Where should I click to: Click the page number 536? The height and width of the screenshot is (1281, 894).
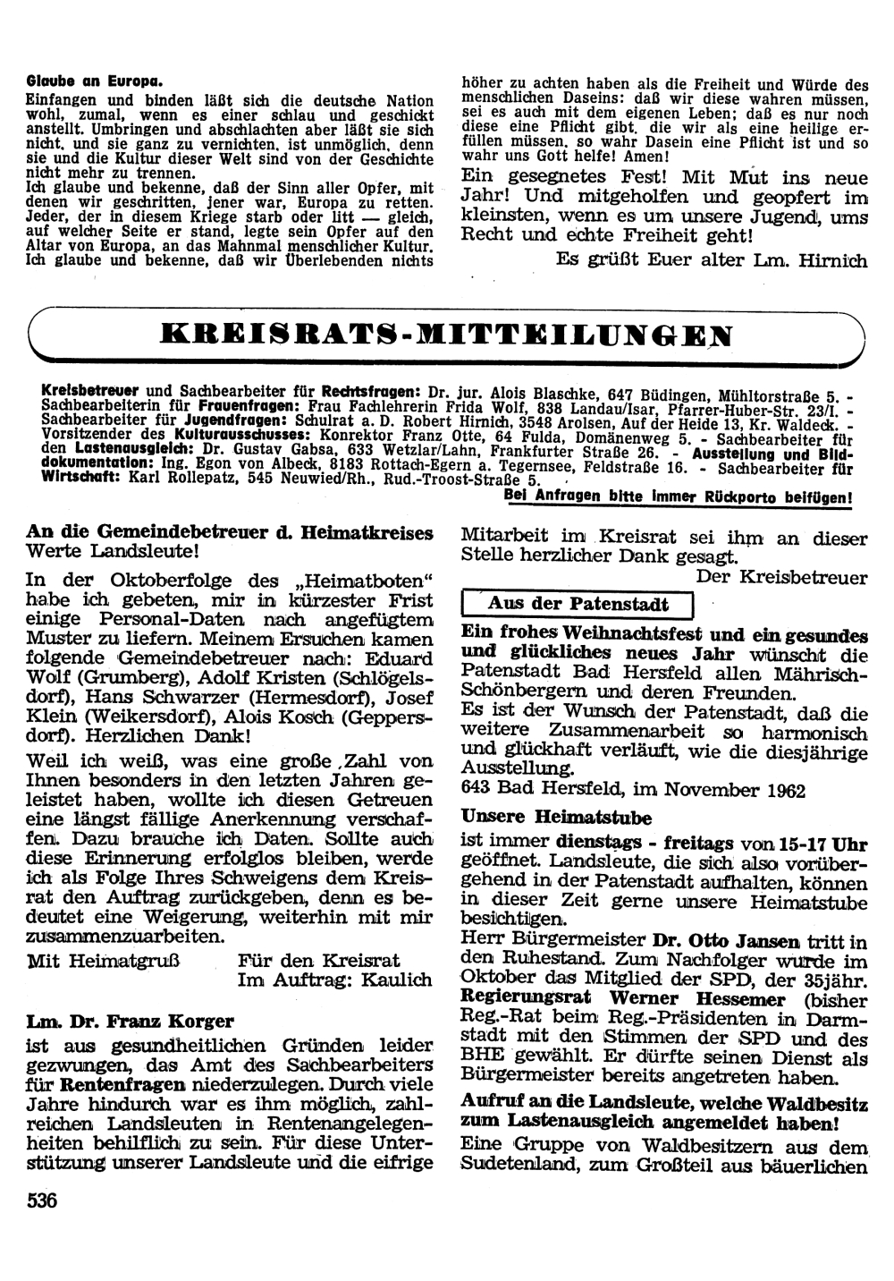[x=42, y=1200]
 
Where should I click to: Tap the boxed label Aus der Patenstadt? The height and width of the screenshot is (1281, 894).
[x=576, y=604]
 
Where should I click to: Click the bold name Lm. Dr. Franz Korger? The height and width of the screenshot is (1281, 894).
[x=131, y=1021]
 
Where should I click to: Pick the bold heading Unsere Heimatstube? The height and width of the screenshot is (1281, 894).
[x=556, y=817]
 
